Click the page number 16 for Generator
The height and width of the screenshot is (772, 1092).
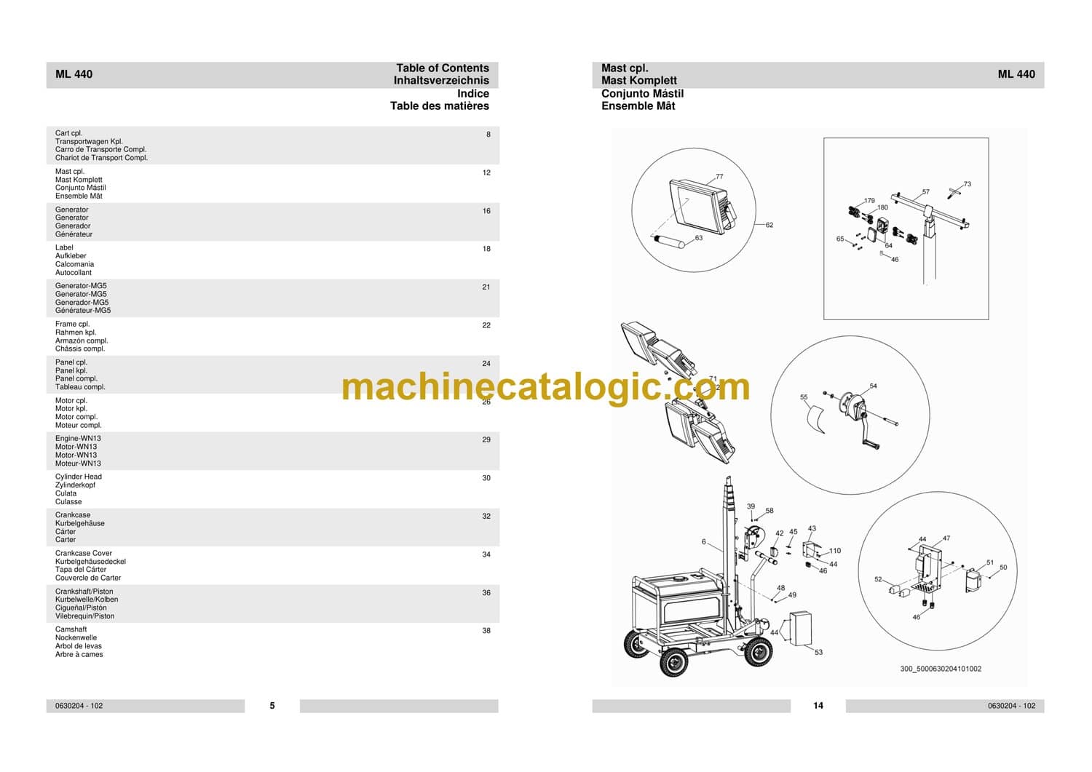coord(486,211)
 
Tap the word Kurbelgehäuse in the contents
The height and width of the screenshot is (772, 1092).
coord(79,523)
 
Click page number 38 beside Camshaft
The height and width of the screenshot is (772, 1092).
coord(486,631)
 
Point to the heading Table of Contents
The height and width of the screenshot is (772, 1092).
coord(442,68)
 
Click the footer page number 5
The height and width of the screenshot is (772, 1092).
coord(272,705)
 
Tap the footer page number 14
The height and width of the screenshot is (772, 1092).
coord(818,705)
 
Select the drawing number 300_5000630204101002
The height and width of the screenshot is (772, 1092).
coord(941,669)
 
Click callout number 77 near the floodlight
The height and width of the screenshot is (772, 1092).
coord(719,176)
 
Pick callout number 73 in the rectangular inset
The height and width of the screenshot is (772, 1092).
coord(968,184)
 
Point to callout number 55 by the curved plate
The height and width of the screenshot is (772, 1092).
coord(804,397)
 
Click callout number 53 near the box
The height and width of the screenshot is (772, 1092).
coord(818,652)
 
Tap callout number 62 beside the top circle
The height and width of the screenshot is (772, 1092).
coord(769,225)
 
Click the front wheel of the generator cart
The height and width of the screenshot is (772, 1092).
coord(673,662)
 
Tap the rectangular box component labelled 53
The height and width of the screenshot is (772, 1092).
coord(801,628)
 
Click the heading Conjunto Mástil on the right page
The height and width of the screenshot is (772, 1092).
coord(642,94)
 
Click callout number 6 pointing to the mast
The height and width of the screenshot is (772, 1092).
coord(703,541)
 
